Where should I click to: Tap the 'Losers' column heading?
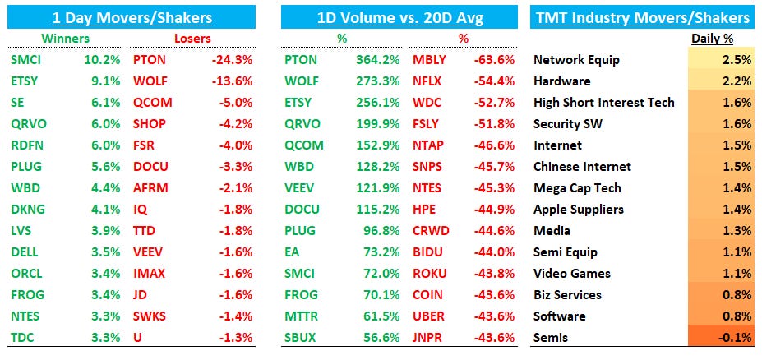[x=192, y=39]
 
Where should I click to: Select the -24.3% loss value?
[x=231, y=60]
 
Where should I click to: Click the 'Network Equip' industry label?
[x=576, y=60]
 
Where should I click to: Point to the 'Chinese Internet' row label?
[x=582, y=167]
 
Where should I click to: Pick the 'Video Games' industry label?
[x=572, y=274]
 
